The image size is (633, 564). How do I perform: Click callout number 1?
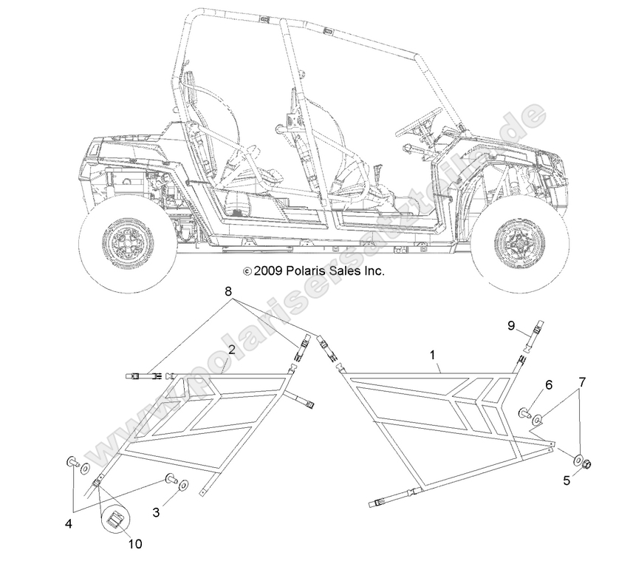(x=433, y=356)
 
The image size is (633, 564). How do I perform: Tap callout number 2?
(x=231, y=350)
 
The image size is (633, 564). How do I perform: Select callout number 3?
(x=155, y=510)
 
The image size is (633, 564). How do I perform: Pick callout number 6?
(x=549, y=385)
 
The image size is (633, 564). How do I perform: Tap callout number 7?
(x=582, y=381)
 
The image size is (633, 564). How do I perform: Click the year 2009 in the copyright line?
(x=268, y=271)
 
